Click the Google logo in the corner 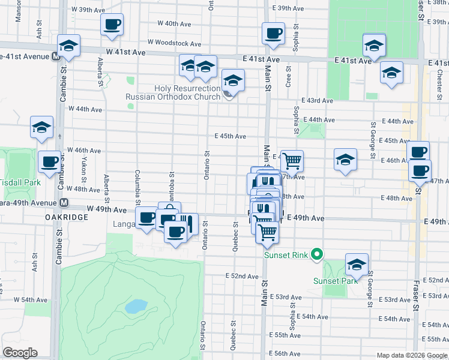tap(20, 353)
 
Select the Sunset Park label tap(331, 281)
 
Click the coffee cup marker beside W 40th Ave tap(112, 25)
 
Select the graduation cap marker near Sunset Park tap(357, 265)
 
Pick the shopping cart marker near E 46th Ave tap(292, 161)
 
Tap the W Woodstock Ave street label tap(175, 43)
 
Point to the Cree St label tap(289, 76)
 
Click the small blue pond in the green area tap(136, 306)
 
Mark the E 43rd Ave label tap(317, 100)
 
